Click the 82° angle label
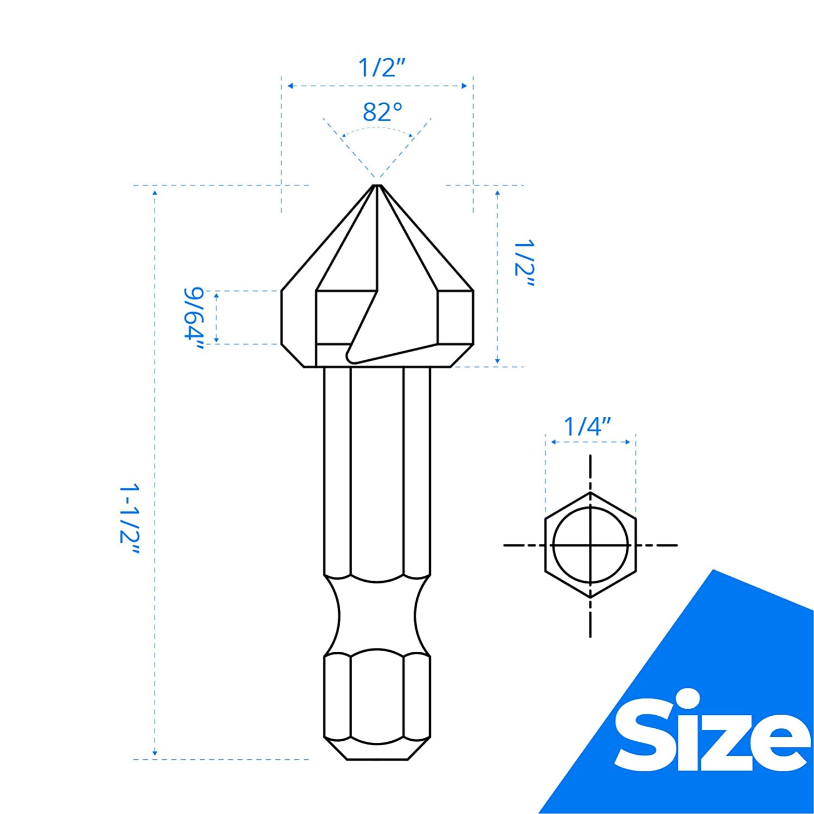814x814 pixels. coord(383,112)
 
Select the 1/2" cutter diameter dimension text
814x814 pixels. coord(381,68)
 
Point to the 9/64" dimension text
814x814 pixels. coord(193,319)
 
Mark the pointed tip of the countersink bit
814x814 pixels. coord(377,186)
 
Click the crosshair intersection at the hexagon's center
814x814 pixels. coord(590,545)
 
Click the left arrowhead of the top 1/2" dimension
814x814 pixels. coord(290,86)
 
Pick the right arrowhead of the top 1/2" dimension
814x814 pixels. coord(465,86)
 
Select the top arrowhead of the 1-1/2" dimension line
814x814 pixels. coord(155,192)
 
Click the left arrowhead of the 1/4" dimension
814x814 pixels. coord(554,442)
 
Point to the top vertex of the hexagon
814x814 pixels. coord(590,493)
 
